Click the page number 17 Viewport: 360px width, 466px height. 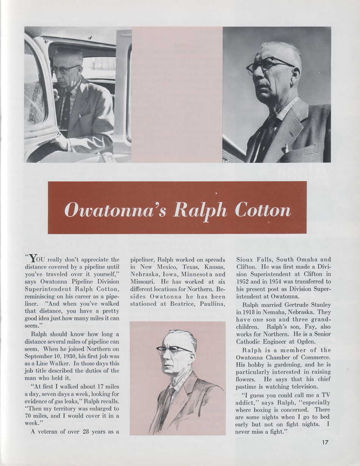point(323,442)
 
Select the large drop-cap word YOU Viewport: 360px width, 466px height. point(37,259)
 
